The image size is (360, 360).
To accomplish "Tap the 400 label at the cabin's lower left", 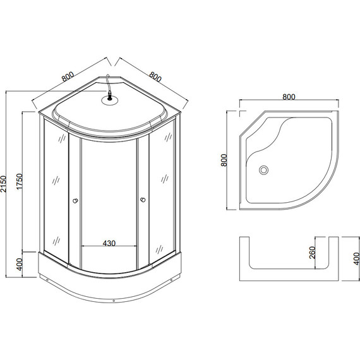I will click(20, 263).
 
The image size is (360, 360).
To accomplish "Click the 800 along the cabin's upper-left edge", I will click(68, 78).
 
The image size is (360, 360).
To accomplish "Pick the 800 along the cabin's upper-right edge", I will click(154, 77).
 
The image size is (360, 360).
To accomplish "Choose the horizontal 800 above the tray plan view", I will click(288, 97).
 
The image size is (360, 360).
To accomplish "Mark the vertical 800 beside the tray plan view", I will click(223, 160).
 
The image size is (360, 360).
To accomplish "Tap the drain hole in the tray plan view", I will click(264, 169).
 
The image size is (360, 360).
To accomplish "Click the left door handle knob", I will click(76, 201).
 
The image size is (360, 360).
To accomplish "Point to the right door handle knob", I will click(143, 201).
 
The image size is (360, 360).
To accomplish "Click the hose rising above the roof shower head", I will click(109, 82).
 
